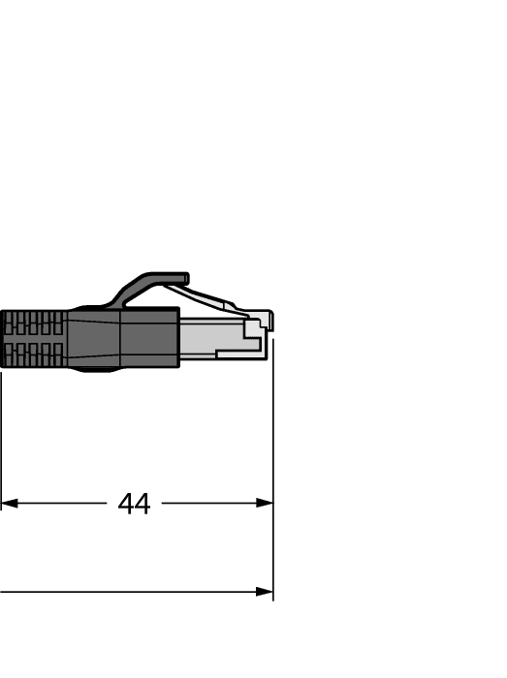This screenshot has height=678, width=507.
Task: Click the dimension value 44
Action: coord(135,504)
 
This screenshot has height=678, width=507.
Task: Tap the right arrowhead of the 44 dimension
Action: coord(264,504)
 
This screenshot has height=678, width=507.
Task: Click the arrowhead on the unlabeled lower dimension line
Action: coord(264,592)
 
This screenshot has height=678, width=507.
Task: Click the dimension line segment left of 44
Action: coord(58,504)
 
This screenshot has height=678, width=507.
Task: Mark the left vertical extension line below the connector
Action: coord(1,436)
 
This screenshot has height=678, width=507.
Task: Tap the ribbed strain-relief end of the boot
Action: coord(33,339)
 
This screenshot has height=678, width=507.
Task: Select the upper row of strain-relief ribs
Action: coord(33,324)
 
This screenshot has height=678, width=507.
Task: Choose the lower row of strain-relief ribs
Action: coord(33,354)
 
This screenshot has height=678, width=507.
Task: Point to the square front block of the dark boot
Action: coord(149,339)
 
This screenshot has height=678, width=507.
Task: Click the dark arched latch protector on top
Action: coord(145,283)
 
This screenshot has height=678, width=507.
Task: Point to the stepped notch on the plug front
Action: coord(254,334)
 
